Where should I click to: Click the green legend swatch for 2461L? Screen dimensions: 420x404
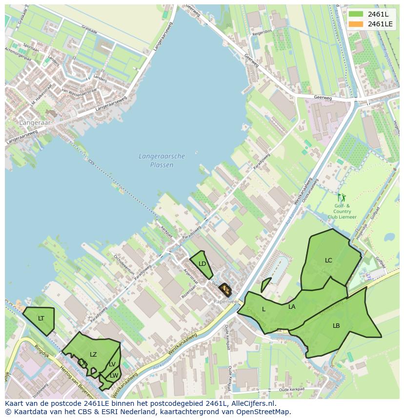[x=356, y=14]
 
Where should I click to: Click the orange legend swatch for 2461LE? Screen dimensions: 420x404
[x=356, y=24]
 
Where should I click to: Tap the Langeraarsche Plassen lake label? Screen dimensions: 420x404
[x=162, y=160]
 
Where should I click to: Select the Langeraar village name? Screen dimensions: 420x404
[x=35, y=123]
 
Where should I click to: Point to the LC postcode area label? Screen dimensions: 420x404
[x=328, y=260]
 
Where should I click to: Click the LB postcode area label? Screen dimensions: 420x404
[x=336, y=326]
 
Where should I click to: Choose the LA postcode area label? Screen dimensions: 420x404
[x=292, y=307]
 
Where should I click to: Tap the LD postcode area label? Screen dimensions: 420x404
[x=202, y=264]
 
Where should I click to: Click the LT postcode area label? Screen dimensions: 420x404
[x=41, y=319]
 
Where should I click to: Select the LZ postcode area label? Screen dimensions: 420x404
[x=93, y=355]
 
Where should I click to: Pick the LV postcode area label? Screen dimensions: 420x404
[x=112, y=364]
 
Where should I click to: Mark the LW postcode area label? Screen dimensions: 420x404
[x=114, y=375]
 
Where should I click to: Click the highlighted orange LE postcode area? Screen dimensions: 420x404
[x=225, y=289]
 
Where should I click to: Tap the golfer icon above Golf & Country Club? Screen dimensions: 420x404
[x=342, y=198]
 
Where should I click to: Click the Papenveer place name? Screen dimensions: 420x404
[x=225, y=301]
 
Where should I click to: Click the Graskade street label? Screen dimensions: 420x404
[x=89, y=30]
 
